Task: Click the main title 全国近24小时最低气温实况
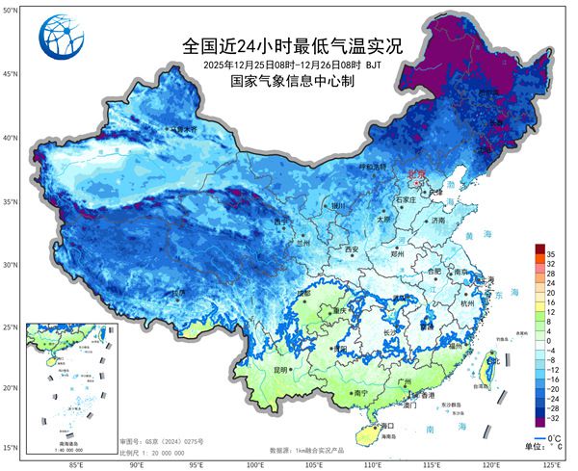point(292,45)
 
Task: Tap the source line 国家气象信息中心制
point(292,82)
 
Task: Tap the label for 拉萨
point(177,292)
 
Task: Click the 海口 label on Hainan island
point(389,425)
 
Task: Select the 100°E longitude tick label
point(256,463)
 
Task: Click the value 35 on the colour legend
point(552,252)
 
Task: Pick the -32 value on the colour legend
point(553,420)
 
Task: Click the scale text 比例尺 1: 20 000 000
point(154,452)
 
